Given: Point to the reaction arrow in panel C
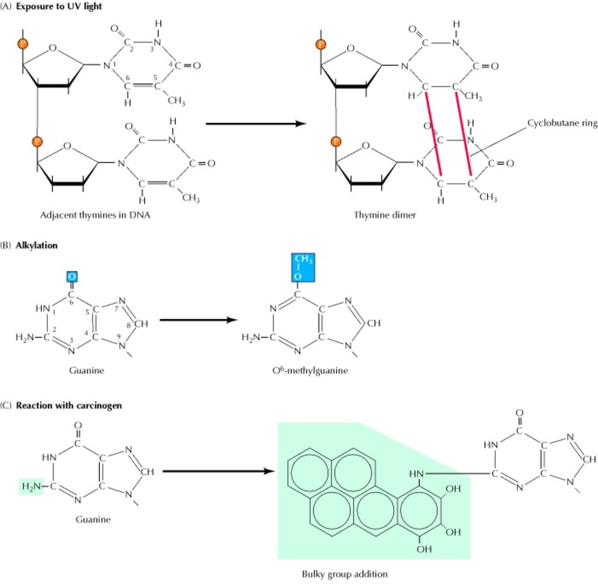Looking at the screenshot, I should coord(218,471).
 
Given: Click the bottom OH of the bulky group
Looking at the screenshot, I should coord(425,549).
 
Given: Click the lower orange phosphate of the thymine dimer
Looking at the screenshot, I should coord(336,141).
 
